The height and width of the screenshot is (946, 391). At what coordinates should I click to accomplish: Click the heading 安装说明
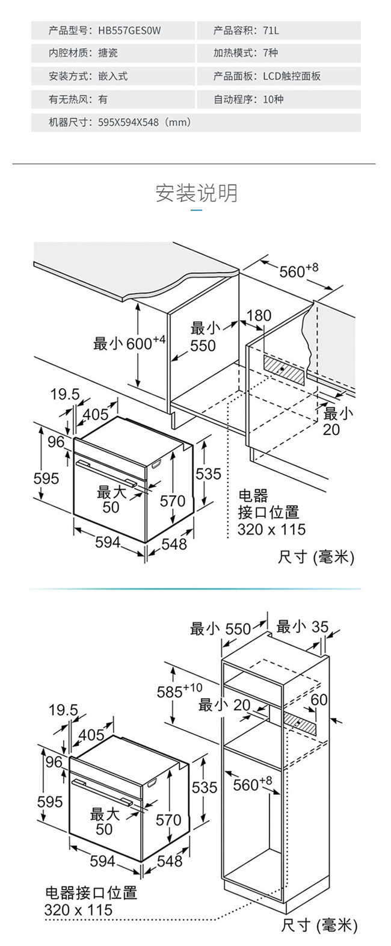[x=196, y=193]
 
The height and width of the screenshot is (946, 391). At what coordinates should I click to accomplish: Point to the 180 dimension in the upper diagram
[x=259, y=316]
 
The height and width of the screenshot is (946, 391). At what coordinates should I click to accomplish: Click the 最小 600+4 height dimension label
[x=129, y=344]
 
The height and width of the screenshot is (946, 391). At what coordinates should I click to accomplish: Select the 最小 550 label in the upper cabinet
[x=203, y=337]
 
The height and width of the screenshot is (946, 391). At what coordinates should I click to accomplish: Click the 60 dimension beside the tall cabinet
[x=319, y=700]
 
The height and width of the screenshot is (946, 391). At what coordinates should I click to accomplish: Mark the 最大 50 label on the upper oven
[x=111, y=499]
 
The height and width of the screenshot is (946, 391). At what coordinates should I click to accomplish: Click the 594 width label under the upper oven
[x=108, y=542]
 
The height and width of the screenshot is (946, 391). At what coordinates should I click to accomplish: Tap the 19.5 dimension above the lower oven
[x=64, y=711]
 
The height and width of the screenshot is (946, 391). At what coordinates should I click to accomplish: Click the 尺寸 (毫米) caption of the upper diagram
[x=316, y=557]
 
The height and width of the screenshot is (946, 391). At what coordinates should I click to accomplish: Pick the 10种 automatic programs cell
[x=273, y=99]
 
